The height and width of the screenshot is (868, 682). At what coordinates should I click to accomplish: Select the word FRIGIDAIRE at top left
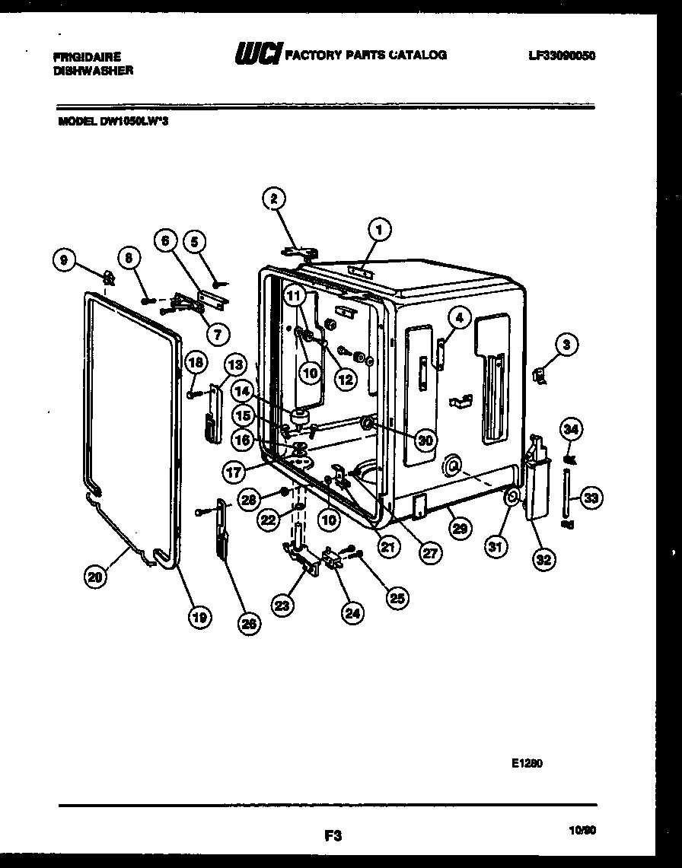pos(88,56)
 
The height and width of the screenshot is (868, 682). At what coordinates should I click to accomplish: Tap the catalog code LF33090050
pos(561,56)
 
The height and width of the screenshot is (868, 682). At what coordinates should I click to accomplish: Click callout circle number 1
pos(378,227)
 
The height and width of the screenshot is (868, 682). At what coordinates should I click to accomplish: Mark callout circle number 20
pos(94,577)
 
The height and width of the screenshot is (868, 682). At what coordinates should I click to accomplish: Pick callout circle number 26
pos(248,623)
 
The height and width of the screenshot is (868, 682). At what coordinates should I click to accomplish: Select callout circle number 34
pos(571,428)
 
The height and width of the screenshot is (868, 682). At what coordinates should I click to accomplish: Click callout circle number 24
pos(352,615)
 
